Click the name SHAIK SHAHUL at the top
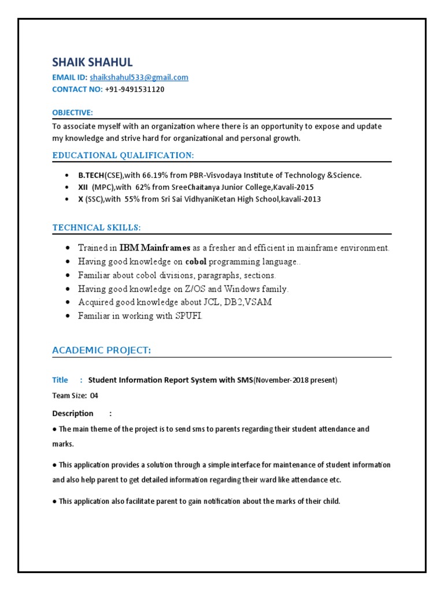(92, 62)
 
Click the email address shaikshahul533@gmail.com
(139, 77)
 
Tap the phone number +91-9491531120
(135, 89)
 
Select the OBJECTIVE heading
(72, 112)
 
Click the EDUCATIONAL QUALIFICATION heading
(123, 155)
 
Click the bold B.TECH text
(91, 175)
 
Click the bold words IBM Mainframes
(155, 248)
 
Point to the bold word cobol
(196, 262)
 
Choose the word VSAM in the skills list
(258, 302)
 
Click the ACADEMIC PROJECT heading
(102, 350)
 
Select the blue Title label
(60, 380)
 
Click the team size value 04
(94, 396)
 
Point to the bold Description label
(73, 413)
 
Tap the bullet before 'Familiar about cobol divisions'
(68, 276)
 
